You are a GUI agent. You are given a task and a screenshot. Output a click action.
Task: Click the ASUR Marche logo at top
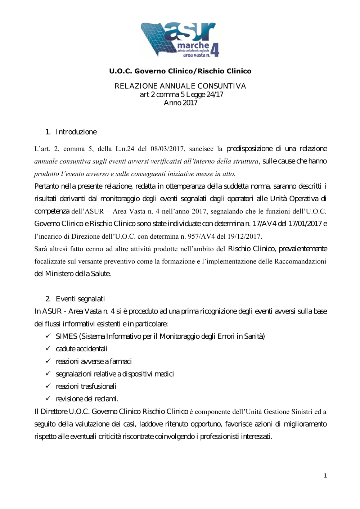tap(180, 40)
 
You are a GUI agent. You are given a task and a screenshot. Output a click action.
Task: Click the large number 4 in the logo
tap(215, 50)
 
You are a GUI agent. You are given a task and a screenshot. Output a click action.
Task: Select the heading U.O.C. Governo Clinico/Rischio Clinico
tap(180, 71)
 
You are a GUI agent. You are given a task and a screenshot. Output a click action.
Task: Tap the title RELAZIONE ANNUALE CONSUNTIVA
tap(180, 86)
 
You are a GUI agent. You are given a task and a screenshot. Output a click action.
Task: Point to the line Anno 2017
tap(180, 103)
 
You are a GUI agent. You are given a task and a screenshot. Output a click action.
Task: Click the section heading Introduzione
tap(76, 132)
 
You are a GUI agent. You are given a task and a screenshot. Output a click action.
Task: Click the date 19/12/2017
tap(244, 237)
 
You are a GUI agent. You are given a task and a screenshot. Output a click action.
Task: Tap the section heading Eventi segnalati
tap(80, 299)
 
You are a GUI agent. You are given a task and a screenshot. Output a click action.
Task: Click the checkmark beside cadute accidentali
tap(48, 348)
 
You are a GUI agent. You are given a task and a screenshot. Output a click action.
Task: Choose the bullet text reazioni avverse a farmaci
tap(94, 361)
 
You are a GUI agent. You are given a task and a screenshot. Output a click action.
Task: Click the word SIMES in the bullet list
tap(67, 337)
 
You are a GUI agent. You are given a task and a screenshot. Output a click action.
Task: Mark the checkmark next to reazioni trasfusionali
tap(48, 386)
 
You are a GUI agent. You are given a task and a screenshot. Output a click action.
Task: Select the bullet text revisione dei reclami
tap(87, 399)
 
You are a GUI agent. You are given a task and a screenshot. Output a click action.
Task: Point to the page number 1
tap(325, 476)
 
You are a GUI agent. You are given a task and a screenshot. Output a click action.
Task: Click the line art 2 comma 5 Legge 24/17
tap(181, 95)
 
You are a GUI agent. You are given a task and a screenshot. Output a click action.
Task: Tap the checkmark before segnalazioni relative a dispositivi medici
tap(48, 374)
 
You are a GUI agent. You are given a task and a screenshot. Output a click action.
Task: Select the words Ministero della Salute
tap(77, 274)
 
